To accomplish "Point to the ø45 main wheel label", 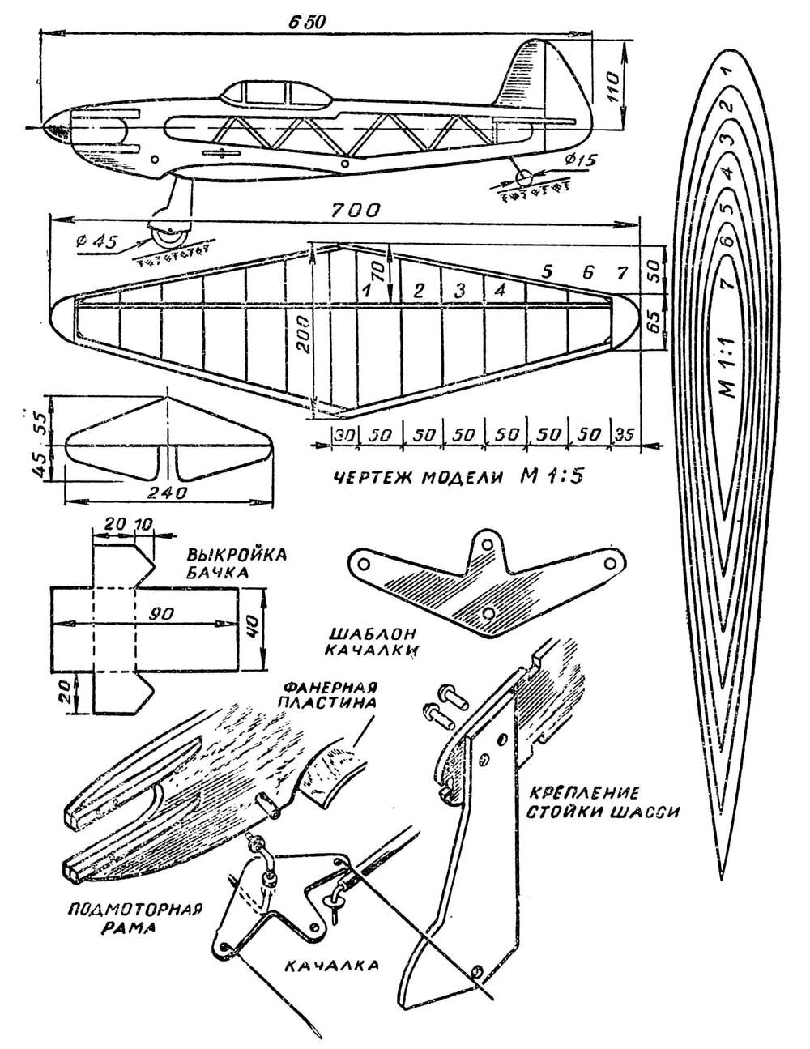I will [x=98, y=241].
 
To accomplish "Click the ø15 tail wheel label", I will [x=578, y=159].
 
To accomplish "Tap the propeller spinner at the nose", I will [x=55, y=127].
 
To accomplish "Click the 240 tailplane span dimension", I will [x=168, y=492].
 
